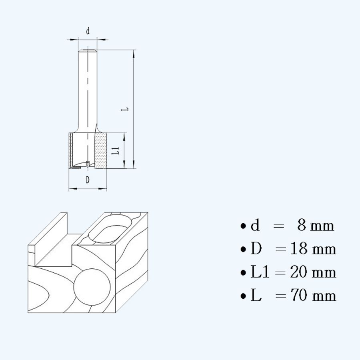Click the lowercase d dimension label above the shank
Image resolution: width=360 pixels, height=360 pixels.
pos(88,31)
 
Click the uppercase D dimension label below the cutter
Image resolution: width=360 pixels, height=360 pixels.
pos(88,180)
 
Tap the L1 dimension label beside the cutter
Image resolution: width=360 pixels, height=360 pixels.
pos(115,151)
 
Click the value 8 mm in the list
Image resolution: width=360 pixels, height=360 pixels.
pos(315,226)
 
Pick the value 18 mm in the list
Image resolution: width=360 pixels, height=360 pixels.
pos(312,249)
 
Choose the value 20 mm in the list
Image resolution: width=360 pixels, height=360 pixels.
pos(312,272)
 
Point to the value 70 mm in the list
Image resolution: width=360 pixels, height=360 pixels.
pos(312,296)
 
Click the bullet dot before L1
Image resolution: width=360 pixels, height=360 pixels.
pos(243,273)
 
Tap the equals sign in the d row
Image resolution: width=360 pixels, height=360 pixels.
pos(278,226)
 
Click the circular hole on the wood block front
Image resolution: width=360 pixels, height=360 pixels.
pos(92,287)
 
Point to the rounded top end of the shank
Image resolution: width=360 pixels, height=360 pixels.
pos(87,50)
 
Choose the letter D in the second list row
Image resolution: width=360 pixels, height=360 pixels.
pos(256,249)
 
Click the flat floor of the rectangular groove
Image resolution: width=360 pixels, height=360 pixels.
pos(56,256)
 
